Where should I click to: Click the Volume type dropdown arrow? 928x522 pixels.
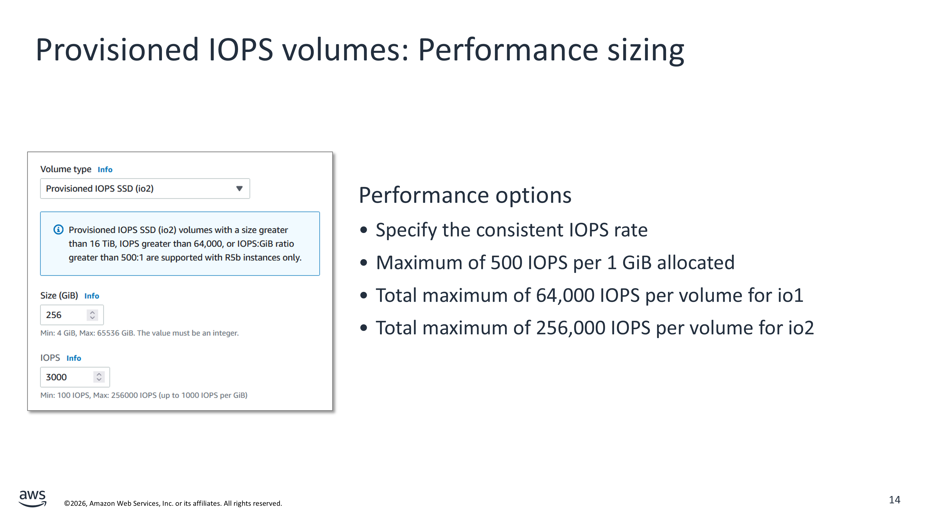tap(239, 188)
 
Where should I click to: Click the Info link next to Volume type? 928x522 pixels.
tap(105, 169)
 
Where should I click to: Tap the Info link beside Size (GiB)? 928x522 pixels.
tap(91, 296)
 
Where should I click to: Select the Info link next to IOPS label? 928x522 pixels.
tap(74, 358)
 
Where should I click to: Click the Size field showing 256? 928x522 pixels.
tap(72, 315)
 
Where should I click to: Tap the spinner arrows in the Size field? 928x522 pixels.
tap(92, 315)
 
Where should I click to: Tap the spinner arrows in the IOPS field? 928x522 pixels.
tap(99, 377)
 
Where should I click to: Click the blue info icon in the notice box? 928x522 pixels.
tap(58, 229)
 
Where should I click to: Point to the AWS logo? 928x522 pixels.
tap(32, 498)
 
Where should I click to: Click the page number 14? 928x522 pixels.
tap(895, 500)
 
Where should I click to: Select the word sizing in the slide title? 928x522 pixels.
tap(646, 50)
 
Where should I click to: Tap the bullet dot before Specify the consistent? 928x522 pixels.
tap(364, 230)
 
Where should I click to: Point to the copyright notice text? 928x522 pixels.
tap(173, 503)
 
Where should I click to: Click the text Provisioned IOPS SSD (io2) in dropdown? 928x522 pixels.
tap(100, 188)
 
